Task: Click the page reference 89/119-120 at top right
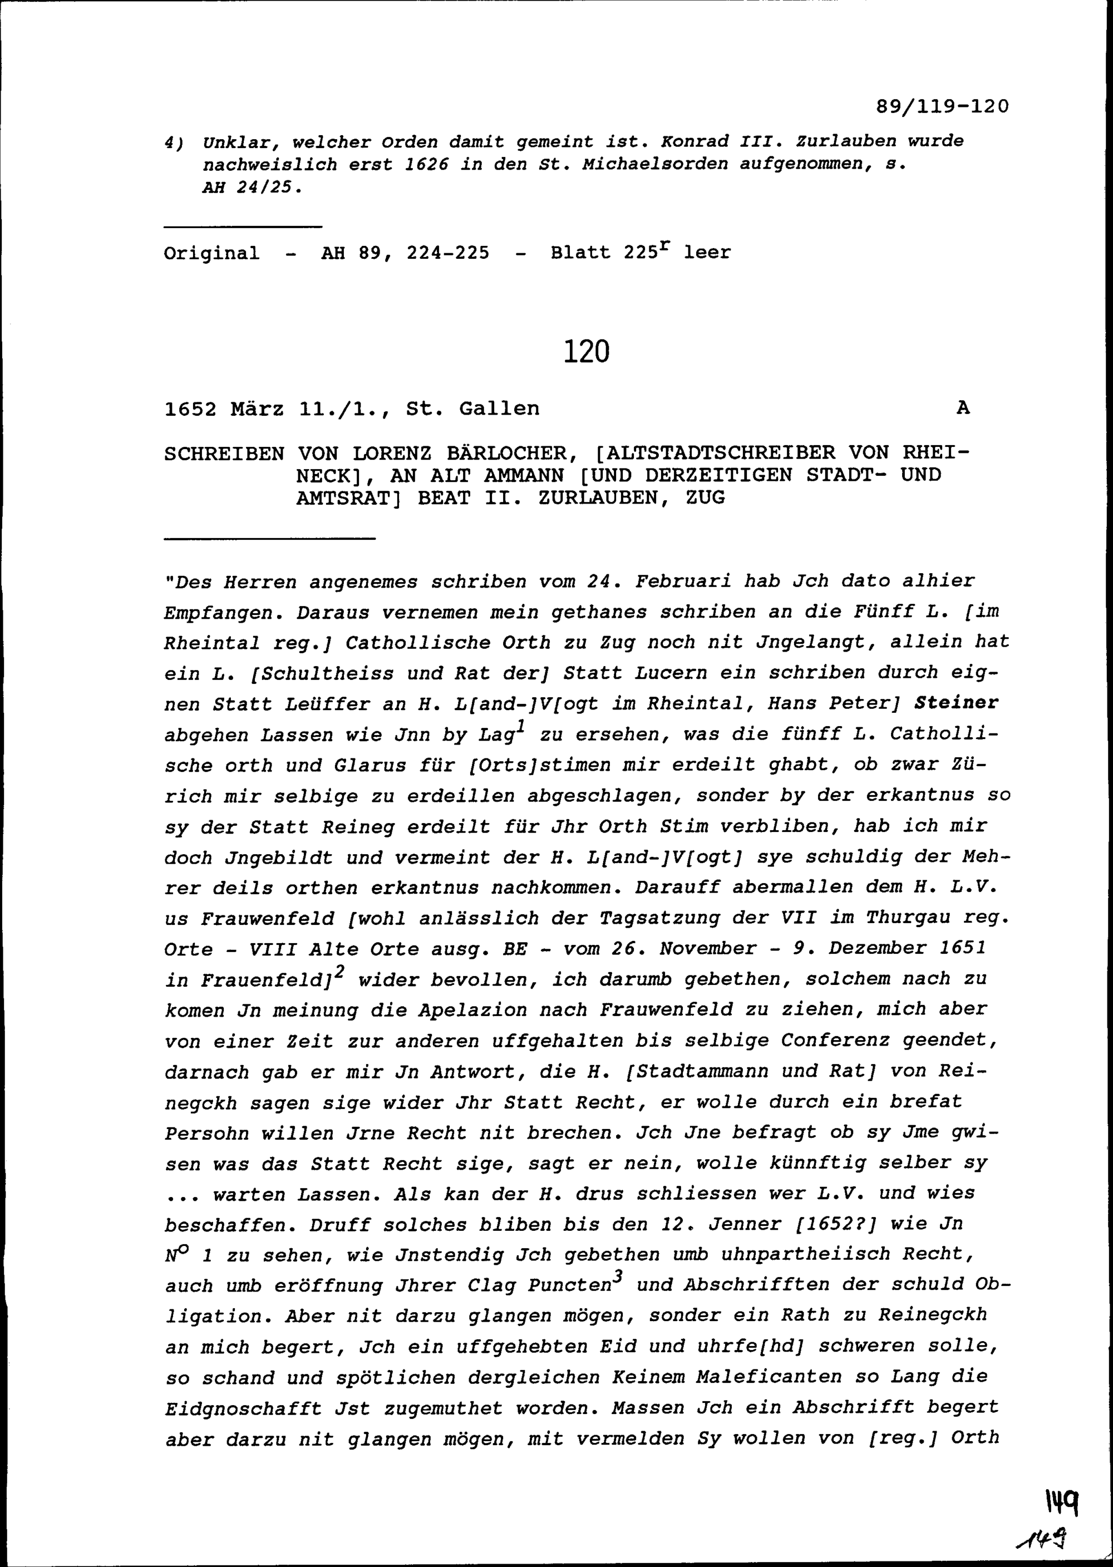942,107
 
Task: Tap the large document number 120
587,352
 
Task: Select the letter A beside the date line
963,408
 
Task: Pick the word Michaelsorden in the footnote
654,165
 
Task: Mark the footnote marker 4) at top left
172,142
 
